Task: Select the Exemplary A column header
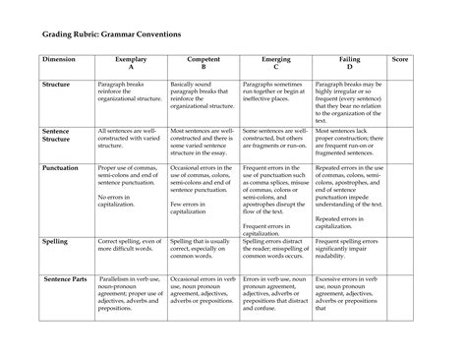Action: coord(131,64)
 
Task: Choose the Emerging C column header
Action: coord(276,64)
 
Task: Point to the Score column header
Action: coord(401,61)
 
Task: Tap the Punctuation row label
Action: coord(61,168)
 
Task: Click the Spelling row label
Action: coord(55,240)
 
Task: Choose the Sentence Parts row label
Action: coord(64,279)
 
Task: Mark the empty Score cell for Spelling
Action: coord(401,252)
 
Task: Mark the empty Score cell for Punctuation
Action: coord(401,197)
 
